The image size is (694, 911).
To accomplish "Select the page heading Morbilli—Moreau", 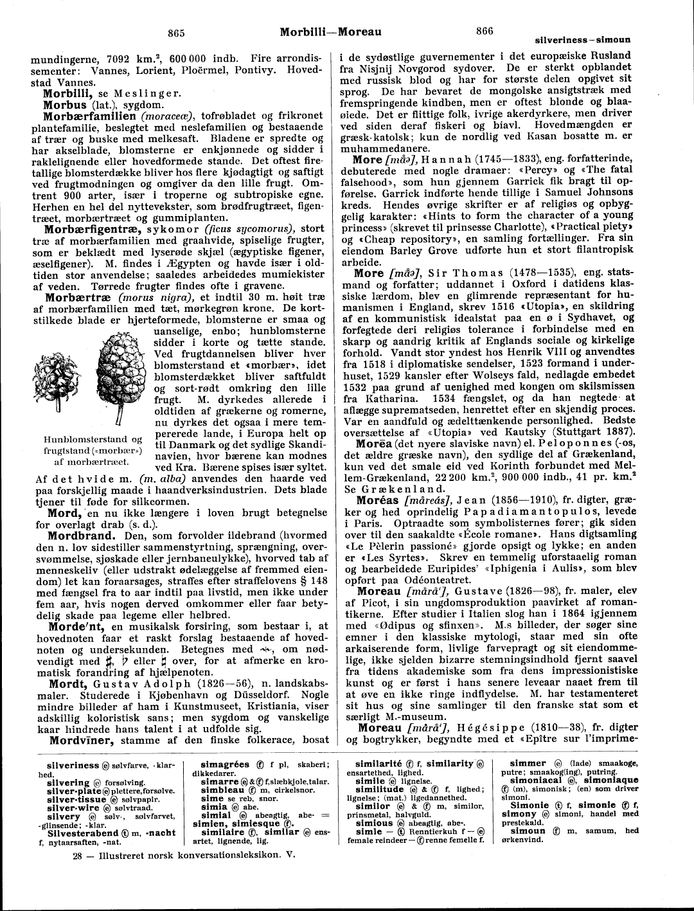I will [x=331, y=32].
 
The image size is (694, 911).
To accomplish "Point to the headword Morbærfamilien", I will [x=89, y=116].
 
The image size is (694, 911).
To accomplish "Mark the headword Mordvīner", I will [x=81, y=740].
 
